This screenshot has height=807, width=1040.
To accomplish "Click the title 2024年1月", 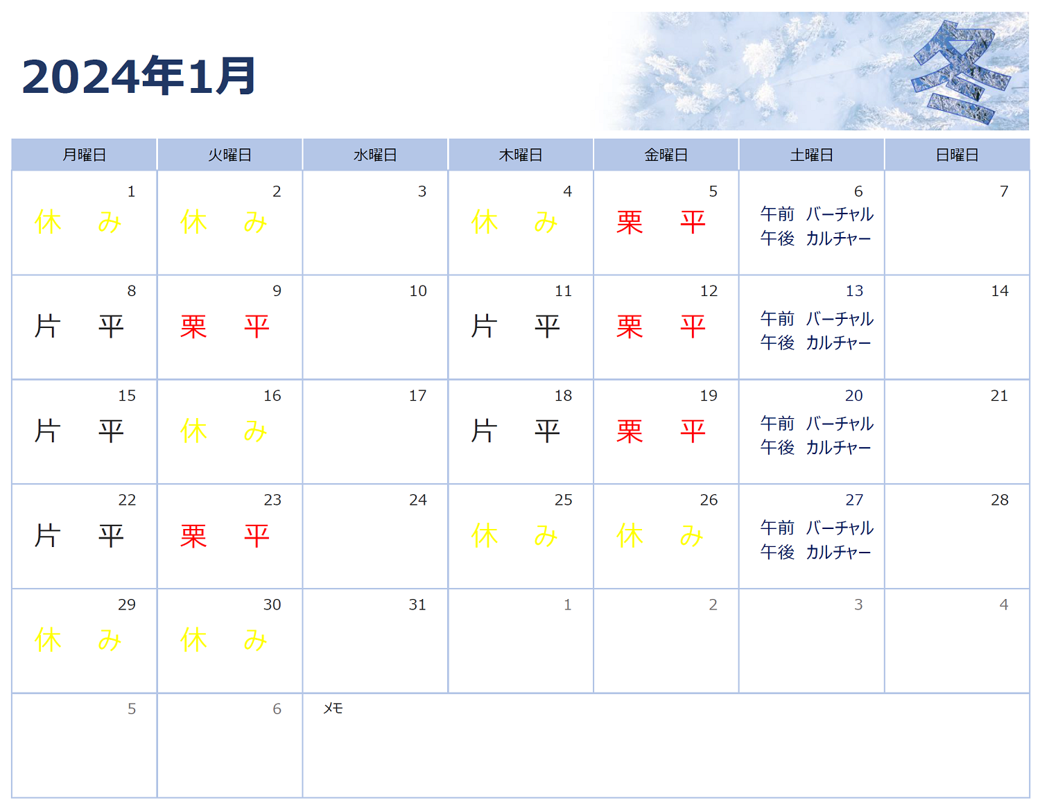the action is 139,76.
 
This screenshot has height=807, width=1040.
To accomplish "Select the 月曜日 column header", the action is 84,155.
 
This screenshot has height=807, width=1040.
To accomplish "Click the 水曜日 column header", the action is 375,155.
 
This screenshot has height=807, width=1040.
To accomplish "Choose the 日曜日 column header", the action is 957,155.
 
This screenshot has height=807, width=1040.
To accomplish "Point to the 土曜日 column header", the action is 812,155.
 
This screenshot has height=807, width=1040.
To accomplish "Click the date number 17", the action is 417,396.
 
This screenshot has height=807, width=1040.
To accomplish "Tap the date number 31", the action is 417,605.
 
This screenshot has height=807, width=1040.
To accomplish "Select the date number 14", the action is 1000,291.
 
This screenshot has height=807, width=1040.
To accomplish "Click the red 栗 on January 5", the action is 630,223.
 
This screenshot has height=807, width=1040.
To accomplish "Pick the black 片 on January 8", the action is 47,327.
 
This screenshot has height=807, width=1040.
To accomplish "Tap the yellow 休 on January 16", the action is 193,431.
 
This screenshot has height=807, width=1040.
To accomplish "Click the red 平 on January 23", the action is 257,536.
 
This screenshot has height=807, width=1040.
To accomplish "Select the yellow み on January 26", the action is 691,536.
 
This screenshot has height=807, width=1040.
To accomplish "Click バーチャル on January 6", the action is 840,214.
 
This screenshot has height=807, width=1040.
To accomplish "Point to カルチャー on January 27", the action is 838,553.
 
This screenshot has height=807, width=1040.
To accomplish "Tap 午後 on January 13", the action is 777,342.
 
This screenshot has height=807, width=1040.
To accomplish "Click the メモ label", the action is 333,708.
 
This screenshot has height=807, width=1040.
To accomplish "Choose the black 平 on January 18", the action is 547,431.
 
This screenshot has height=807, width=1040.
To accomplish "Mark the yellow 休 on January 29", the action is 47,640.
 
